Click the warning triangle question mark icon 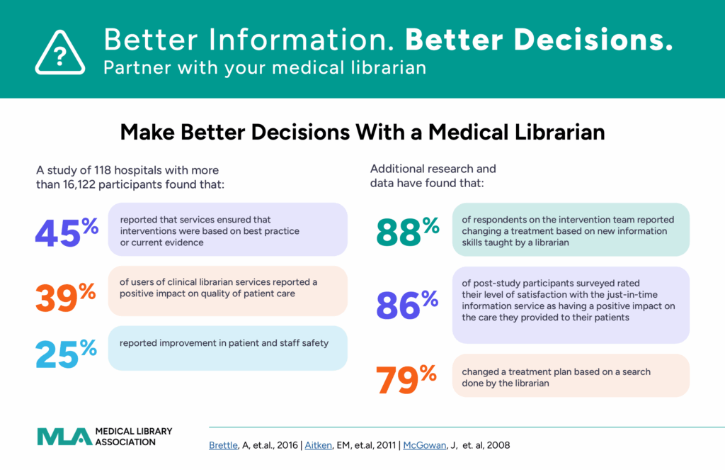59,50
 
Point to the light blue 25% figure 67,352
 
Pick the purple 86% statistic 407,305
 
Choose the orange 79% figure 407,379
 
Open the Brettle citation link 224,445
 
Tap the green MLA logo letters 64,437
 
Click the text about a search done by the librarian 556,378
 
